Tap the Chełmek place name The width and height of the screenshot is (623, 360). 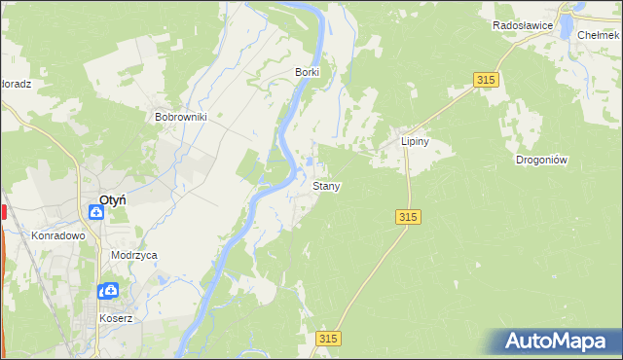[598, 34]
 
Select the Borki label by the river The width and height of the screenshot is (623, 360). [307, 72]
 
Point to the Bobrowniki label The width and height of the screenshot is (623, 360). [182, 117]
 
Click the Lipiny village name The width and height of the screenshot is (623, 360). [416, 141]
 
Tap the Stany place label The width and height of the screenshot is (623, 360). [326, 185]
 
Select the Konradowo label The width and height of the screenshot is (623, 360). [58, 235]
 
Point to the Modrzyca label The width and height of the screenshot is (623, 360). [134, 255]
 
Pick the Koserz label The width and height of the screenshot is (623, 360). [115, 318]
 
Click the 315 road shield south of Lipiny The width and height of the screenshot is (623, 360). [409, 218]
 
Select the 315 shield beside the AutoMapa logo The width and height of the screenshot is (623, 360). [329, 338]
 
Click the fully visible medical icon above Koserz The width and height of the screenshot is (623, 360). [112, 290]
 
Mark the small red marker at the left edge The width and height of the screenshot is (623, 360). [4, 211]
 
